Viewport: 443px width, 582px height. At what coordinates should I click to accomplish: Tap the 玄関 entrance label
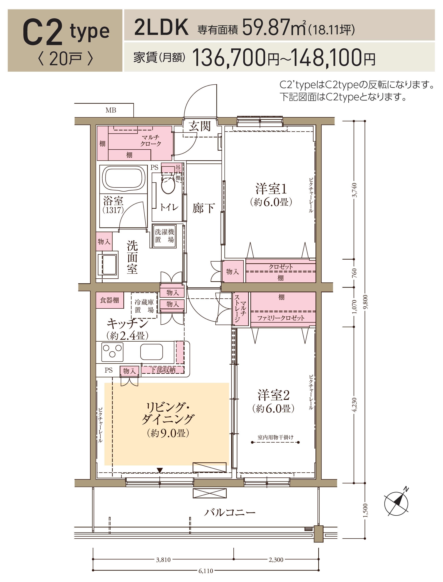coord(200,126)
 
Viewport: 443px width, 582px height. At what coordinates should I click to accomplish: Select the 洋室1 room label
coord(271,189)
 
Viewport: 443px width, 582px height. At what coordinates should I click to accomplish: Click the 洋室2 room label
coord(273,395)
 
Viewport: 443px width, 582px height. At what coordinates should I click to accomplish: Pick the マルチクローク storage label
coord(150,141)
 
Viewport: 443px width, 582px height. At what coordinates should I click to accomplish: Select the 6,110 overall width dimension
coord(206,571)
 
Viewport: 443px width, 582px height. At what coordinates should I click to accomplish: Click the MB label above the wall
coord(111,110)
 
